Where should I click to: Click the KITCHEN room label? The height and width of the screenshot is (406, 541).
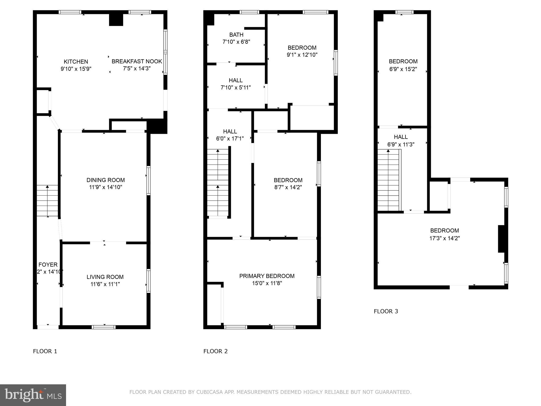tap(76, 62)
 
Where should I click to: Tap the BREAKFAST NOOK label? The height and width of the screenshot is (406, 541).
tap(137, 61)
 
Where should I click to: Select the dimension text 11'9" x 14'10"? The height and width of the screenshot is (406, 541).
tap(105, 187)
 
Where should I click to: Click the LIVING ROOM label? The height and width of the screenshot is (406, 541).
tap(105, 277)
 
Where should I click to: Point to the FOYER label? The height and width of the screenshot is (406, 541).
tap(48, 265)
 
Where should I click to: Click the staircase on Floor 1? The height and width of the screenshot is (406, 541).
tap(47, 200)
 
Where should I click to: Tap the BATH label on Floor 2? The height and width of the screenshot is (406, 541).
tap(236, 35)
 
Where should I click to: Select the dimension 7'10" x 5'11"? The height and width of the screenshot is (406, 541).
tap(236, 87)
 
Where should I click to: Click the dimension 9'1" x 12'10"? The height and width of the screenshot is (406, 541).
tap(302, 55)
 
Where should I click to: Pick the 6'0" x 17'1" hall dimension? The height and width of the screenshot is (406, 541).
tap(230, 139)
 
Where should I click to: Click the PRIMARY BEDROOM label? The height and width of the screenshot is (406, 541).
tap(267, 276)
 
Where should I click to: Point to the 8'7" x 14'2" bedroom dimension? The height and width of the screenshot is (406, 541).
tap(288, 187)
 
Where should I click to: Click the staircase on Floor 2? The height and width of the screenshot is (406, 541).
tap(218, 182)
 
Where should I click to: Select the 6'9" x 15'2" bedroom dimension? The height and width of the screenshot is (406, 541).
tap(403, 69)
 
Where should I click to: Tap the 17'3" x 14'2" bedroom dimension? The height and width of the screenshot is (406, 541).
tap(444, 238)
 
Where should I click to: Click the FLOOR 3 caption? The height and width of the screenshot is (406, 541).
tap(386, 311)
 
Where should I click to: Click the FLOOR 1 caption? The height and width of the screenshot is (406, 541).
tap(45, 351)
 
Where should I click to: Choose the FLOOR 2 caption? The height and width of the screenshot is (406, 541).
tap(215, 351)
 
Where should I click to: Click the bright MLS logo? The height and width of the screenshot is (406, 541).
tap(33, 395)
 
